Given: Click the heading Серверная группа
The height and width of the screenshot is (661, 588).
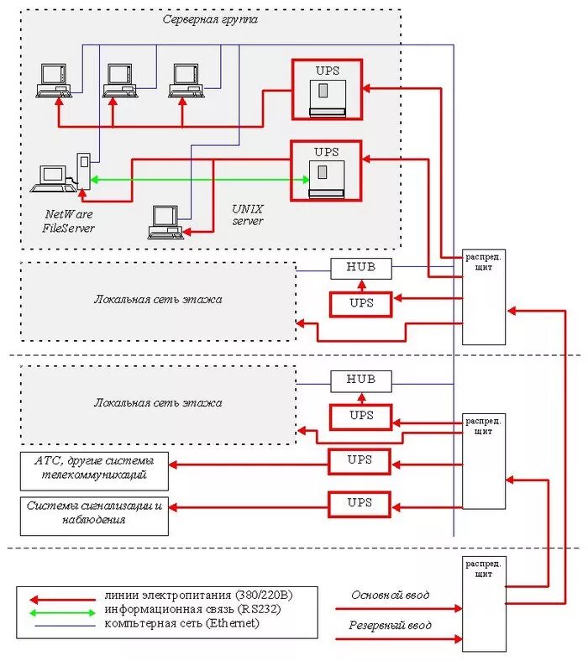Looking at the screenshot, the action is [210, 19].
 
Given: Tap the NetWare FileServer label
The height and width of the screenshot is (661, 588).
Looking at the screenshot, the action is [68, 222].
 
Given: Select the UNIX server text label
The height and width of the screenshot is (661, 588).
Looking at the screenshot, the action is [248, 215].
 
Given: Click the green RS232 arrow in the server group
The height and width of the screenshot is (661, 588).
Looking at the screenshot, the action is [200, 180].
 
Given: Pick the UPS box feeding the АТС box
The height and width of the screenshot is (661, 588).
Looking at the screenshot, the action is [360, 461].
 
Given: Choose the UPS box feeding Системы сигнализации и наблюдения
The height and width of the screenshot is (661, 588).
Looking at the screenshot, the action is [360, 504].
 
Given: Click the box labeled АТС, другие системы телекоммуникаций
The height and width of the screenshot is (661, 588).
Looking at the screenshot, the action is [94, 471].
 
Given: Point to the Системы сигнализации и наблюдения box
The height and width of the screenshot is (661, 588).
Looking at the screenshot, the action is [94, 517].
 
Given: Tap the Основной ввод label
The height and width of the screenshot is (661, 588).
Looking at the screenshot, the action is [391, 595].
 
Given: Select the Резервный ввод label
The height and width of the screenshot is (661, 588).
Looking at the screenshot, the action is [390, 625].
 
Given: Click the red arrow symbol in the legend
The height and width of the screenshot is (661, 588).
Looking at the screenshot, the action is [62, 600].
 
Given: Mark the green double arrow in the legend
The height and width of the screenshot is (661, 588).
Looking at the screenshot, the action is [62, 612].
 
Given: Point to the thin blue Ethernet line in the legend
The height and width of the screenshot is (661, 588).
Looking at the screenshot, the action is [65, 626].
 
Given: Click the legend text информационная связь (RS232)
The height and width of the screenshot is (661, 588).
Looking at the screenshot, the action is [192, 609].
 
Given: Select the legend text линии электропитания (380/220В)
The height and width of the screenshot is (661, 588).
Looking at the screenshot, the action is [198, 595].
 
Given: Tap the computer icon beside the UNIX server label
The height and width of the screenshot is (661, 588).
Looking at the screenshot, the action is [165, 223].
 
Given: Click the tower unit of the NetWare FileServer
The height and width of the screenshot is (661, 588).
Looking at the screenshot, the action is [83, 171].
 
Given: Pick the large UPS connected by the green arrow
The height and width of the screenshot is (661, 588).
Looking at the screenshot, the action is [326, 171].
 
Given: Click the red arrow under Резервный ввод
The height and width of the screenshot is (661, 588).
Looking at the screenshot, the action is [399, 639].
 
